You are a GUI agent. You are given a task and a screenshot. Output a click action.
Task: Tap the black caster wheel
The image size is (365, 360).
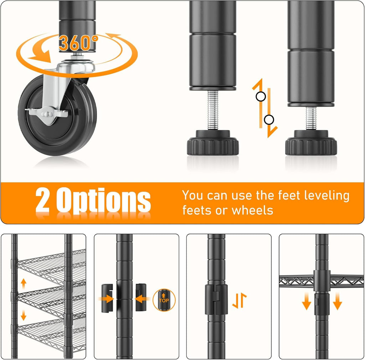click(x=57, y=115)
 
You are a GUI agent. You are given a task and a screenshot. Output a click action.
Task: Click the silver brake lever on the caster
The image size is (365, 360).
click(x=47, y=114)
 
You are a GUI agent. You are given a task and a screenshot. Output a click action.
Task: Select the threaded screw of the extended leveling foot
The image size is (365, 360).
click(x=213, y=110)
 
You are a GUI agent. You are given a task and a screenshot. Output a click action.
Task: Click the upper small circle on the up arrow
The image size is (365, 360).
click(x=261, y=96)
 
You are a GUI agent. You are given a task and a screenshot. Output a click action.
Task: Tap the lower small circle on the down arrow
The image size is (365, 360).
click(x=269, y=120)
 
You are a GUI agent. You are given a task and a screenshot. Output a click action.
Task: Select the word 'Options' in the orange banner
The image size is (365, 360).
click(x=104, y=201)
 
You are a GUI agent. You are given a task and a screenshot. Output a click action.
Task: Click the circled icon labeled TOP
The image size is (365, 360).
click(x=164, y=300)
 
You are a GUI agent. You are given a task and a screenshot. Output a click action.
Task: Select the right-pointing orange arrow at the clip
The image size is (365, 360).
click(x=106, y=299)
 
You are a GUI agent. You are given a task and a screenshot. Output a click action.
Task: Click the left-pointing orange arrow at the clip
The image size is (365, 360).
click(x=143, y=299)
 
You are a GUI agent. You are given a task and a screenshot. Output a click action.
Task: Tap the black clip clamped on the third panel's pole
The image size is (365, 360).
click(x=216, y=299)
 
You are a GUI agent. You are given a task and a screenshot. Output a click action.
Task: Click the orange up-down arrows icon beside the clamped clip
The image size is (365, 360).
click(x=240, y=300)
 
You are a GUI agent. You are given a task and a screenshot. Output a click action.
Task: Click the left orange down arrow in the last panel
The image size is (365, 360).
click(x=307, y=301)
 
